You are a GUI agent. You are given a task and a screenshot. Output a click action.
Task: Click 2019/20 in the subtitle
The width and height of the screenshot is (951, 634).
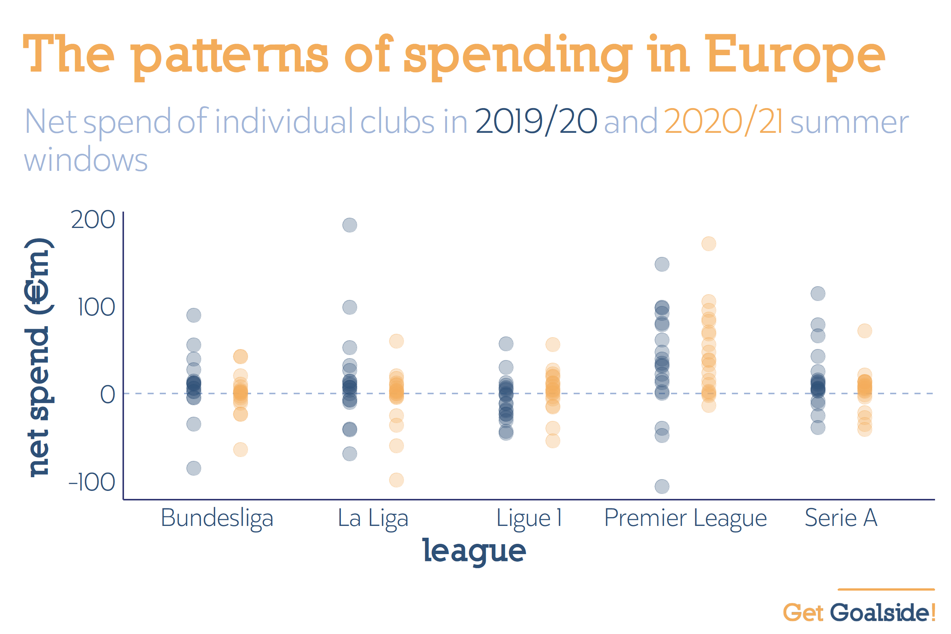pyautogui.click(x=536, y=121)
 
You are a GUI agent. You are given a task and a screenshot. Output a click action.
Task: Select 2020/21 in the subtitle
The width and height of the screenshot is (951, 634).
pyautogui.click(x=723, y=121)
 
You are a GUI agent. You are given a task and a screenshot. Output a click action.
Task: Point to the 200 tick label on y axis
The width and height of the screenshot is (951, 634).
pyautogui.click(x=93, y=220)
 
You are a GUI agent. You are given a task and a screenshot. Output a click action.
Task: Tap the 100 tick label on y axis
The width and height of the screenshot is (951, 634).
pyautogui.click(x=96, y=307)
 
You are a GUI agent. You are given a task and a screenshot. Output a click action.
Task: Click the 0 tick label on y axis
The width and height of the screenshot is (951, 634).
pyautogui.click(x=107, y=394)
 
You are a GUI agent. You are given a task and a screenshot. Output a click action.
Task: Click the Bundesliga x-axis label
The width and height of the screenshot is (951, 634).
pyautogui.click(x=217, y=518)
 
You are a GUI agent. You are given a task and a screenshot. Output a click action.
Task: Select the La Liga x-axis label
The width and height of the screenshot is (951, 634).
pyautogui.click(x=373, y=518)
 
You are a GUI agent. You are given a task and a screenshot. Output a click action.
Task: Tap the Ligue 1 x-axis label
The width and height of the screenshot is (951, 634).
pyautogui.click(x=529, y=518)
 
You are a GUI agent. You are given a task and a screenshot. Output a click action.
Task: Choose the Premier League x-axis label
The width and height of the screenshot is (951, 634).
pyautogui.click(x=685, y=518)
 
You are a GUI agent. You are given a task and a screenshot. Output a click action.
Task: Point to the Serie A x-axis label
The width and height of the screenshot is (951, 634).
pyautogui.click(x=841, y=518)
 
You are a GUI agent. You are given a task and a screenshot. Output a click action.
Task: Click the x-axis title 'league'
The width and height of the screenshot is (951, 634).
pyautogui.click(x=474, y=551)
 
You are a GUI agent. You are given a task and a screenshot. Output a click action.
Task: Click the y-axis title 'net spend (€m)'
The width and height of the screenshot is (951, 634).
pyautogui.click(x=38, y=357)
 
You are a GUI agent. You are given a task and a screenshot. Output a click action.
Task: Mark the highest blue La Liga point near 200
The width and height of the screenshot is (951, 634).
pyautogui.click(x=350, y=225)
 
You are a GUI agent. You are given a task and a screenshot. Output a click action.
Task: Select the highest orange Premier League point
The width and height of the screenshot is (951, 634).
pyautogui.click(x=709, y=244)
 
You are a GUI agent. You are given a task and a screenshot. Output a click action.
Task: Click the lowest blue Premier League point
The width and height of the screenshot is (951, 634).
pyautogui.click(x=662, y=486)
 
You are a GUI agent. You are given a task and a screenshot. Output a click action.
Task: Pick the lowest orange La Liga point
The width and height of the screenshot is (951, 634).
pyautogui.click(x=396, y=480)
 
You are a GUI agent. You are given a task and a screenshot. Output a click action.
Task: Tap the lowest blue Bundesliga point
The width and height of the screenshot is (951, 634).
pyautogui.click(x=194, y=468)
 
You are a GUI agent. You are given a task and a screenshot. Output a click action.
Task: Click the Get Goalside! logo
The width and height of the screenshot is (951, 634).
pyautogui.click(x=859, y=612)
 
